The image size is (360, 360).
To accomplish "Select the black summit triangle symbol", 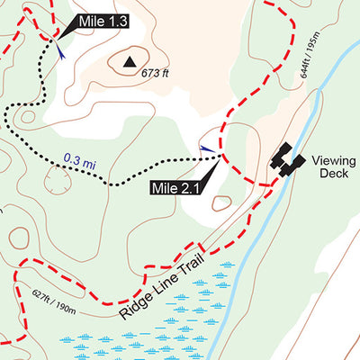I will coord(130,61).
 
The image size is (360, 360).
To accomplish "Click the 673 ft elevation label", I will coord(155,74).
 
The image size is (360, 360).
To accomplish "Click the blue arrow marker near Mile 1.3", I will coord(61,53).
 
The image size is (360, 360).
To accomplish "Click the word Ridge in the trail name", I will coord(131,305).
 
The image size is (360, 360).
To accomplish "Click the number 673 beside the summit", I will coord(149,74).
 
